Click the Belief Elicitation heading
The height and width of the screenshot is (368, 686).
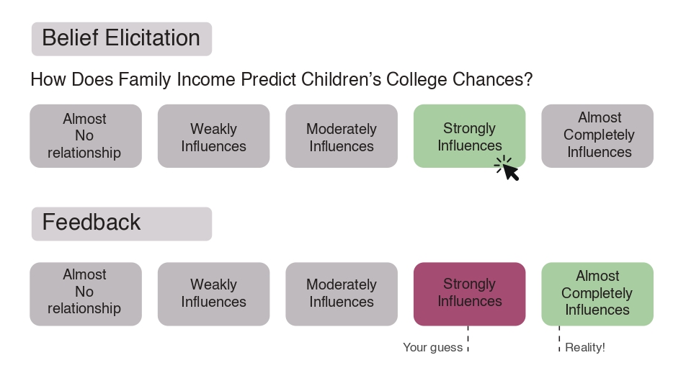point(121,38)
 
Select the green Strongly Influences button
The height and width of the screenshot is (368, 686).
point(469,136)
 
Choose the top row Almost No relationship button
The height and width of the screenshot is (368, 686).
point(86,136)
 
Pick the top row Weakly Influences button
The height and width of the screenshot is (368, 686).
point(213,136)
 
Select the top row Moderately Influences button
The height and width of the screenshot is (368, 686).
point(342,136)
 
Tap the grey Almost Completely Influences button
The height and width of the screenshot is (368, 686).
point(597,136)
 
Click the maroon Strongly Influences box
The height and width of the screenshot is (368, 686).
point(469,294)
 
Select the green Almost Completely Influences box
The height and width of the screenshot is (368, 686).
point(597,294)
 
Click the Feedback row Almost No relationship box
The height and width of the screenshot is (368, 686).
point(86,294)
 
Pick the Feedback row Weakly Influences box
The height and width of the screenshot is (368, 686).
point(213,294)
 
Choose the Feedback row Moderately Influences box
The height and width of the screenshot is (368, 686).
point(342,294)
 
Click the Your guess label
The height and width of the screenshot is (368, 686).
point(432,347)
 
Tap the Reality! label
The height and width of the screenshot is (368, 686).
point(585,347)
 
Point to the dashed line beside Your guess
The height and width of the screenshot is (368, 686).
point(468,338)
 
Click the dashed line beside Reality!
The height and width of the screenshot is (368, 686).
point(559,338)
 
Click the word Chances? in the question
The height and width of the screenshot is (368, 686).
point(493,79)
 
